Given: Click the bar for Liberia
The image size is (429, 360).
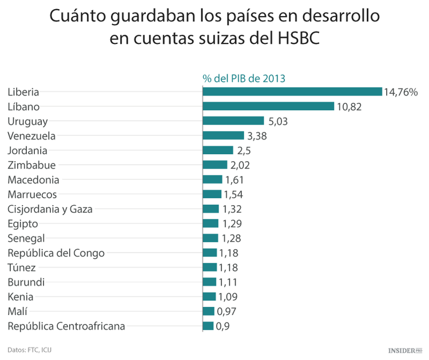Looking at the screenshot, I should click(x=292, y=91).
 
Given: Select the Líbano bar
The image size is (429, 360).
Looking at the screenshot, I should click(x=268, y=106).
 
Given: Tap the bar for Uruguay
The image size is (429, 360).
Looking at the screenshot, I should click(x=233, y=121).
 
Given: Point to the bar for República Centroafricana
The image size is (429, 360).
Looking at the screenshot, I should click(x=208, y=326).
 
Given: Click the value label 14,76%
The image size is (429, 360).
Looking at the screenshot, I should click(x=402, y=91).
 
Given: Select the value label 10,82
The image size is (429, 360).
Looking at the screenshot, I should click(x=349, y=106).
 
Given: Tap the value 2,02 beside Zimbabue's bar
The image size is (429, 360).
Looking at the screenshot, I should click(x=240, y=165).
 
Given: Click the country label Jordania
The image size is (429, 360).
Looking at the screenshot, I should click(x=27, y=150).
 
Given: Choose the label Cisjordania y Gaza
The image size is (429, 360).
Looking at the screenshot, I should click(x=50, y=209).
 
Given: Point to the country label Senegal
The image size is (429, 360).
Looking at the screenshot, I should click(x=26, y=238).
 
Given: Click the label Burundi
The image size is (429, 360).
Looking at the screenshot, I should click(x=26, y=282).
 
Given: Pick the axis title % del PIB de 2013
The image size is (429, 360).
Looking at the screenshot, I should click(x=244, y=78).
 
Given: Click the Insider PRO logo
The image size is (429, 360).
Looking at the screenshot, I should click(x=404, y=349).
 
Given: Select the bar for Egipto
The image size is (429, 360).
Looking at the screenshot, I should click(x=210, y=223).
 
